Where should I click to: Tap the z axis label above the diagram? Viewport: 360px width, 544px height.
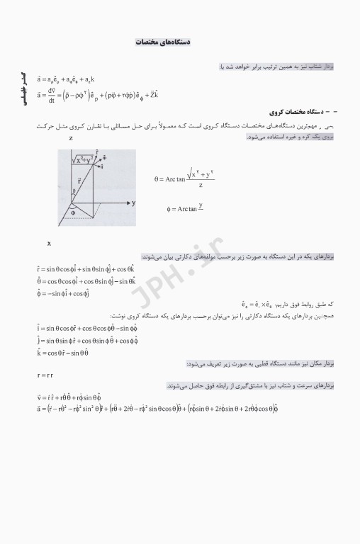71,139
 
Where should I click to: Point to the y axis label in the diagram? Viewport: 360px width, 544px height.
133,203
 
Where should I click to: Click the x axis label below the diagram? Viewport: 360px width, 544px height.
49,244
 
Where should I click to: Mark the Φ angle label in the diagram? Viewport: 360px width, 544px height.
72,211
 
